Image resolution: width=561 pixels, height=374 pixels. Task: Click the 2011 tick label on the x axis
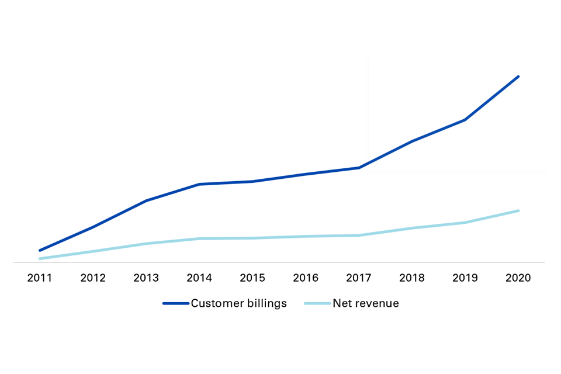[x=40, y=278]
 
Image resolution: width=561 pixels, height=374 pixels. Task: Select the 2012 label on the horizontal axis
[x=93, y=278]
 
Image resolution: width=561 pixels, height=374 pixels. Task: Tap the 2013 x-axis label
[x=146, y=278]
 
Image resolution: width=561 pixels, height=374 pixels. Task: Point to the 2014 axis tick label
[x=199, y=278]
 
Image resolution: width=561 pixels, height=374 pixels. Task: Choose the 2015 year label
[x=252, y=278]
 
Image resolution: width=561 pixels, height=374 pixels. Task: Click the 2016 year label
[x=306, y=278]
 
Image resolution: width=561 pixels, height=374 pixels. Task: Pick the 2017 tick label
[x=359, y=278]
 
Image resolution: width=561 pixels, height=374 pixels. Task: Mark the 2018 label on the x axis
[x=412, y=278]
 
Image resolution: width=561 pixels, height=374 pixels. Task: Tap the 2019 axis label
[x=465, y=278]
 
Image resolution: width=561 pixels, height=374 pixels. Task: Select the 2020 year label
[x=518, y=278]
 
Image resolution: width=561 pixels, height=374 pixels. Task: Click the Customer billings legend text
[x=238, y=303]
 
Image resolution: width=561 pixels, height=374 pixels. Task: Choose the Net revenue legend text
[x=366, y=303]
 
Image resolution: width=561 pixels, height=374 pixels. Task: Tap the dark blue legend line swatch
[x=175, y=303]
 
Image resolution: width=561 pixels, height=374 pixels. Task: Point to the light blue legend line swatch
[x=317, y=303]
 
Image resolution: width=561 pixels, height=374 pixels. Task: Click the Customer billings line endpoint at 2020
[x=518, y=77]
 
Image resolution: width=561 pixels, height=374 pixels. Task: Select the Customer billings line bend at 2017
[x=359, y=168]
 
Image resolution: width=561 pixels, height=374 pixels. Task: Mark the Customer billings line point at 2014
[x=199, y=184]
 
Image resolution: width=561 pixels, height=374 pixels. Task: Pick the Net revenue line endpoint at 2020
[x=518, y=210]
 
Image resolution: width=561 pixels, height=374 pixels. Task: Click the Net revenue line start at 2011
[x=40, y=258]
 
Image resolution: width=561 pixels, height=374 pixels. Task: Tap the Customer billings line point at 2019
[x=465, y=120]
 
